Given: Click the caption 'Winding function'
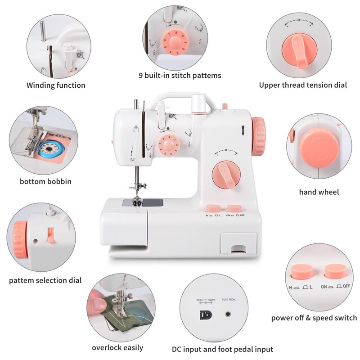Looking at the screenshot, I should tap(56, 85).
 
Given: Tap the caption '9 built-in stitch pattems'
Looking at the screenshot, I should tap(180, 76).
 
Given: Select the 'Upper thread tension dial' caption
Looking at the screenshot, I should tap(303, 85).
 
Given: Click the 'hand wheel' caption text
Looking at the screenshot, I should tap(319, 192).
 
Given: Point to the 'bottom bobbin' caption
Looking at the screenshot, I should tap(45, 182).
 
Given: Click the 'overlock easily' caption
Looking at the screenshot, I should tap(117, 347).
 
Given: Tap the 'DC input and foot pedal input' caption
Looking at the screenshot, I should tap(222, 349).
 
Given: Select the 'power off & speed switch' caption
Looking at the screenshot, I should tap(314, 318).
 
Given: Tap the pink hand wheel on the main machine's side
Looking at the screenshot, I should tap(258, 136).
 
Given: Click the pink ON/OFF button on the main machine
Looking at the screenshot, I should tap(234, 208).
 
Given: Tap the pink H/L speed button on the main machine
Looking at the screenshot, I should tap(213, 208).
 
